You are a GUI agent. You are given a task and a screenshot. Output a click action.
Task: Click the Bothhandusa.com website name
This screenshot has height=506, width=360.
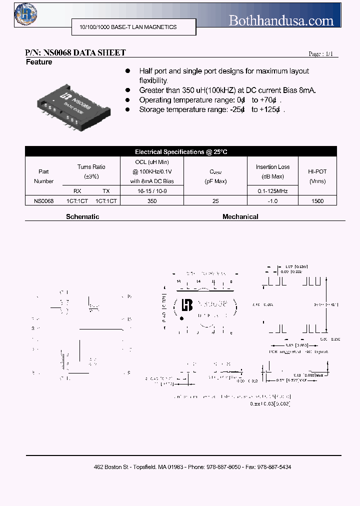click(281, 20)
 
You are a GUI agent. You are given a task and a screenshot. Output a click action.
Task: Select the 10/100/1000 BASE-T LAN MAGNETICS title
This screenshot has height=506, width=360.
click(124, 27)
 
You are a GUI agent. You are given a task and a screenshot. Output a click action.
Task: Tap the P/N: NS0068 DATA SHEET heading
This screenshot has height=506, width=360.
click(75, 52)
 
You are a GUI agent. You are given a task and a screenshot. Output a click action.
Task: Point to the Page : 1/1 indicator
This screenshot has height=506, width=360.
click(320, 54)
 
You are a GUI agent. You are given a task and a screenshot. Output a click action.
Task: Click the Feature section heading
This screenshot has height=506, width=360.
click(39, 62)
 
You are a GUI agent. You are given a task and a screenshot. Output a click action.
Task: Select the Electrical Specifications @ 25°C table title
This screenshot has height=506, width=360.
click(181, 151)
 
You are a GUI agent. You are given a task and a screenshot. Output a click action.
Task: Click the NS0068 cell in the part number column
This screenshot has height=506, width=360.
click(43, 200)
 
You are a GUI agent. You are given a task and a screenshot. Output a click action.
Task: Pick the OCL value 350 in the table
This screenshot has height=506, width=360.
click(152, 200)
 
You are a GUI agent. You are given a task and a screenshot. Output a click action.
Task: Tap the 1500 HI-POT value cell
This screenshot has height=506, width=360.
click(317, 200)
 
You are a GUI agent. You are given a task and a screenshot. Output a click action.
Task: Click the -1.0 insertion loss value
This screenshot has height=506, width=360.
click(272, 200)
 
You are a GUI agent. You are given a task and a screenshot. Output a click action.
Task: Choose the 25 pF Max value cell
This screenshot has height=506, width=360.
click(215, 200)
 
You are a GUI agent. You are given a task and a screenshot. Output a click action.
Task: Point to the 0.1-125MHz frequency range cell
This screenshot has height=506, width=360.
click(272, 191)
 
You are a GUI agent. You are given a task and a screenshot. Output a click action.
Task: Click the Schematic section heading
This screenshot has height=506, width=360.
click(82, 217)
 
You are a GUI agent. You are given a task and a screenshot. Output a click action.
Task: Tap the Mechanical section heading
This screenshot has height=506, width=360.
click(240, 217)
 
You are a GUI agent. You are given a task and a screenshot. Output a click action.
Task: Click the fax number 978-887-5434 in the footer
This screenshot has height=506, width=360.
click(273, 466)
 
